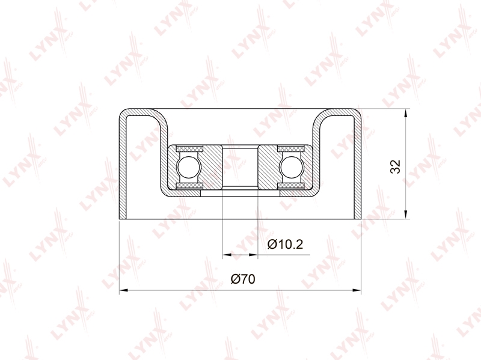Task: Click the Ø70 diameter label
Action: tap(243, 279)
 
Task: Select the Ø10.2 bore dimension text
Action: tap(285, 244)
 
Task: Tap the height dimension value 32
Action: tap(396, 166)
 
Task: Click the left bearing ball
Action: tap(189, 167)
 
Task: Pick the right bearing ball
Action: tap(292, 167)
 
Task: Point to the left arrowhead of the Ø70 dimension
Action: tap(123, 290)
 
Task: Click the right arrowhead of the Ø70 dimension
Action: tap(357, 290)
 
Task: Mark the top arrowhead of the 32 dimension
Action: tap(406, 112)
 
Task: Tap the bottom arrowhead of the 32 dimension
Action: tap(406, 215)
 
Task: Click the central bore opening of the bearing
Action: tap(240, 167)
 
